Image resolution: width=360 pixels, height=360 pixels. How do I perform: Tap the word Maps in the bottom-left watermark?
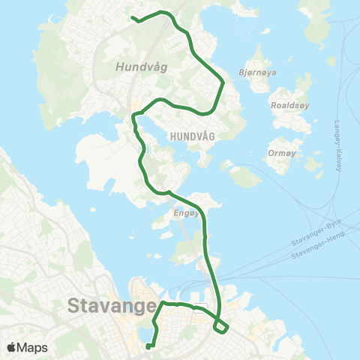[x=33, y=347]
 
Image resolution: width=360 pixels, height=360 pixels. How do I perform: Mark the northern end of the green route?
[x=133, y=18]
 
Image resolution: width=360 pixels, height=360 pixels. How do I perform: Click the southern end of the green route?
[x=148, y=346]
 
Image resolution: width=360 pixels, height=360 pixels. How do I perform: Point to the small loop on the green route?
[x=220, y=326]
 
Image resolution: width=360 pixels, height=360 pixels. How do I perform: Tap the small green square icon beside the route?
[x=148, y=149]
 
